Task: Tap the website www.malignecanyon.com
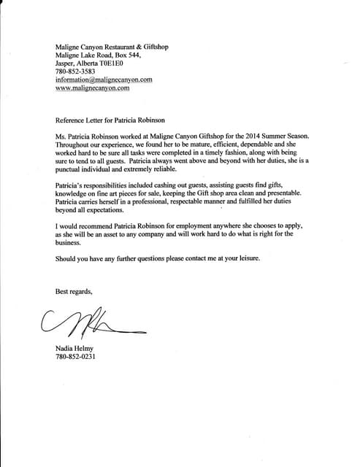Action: [93, 88]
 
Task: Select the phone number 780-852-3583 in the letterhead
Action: [77, 71]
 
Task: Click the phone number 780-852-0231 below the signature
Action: [77, 358]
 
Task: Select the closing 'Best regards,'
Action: [74, 292]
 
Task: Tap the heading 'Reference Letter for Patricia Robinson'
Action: [120, 117]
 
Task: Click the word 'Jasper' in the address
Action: [66, 62]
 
